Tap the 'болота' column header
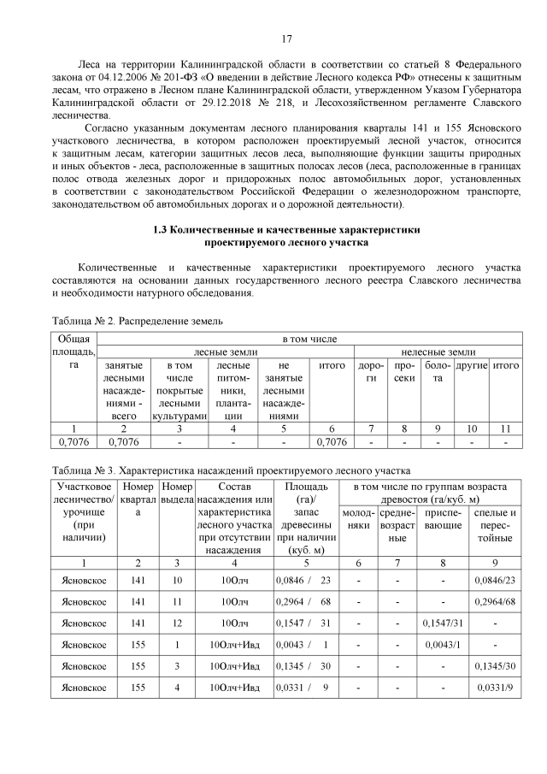pos(437,370)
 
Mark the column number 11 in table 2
pos(506,428)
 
